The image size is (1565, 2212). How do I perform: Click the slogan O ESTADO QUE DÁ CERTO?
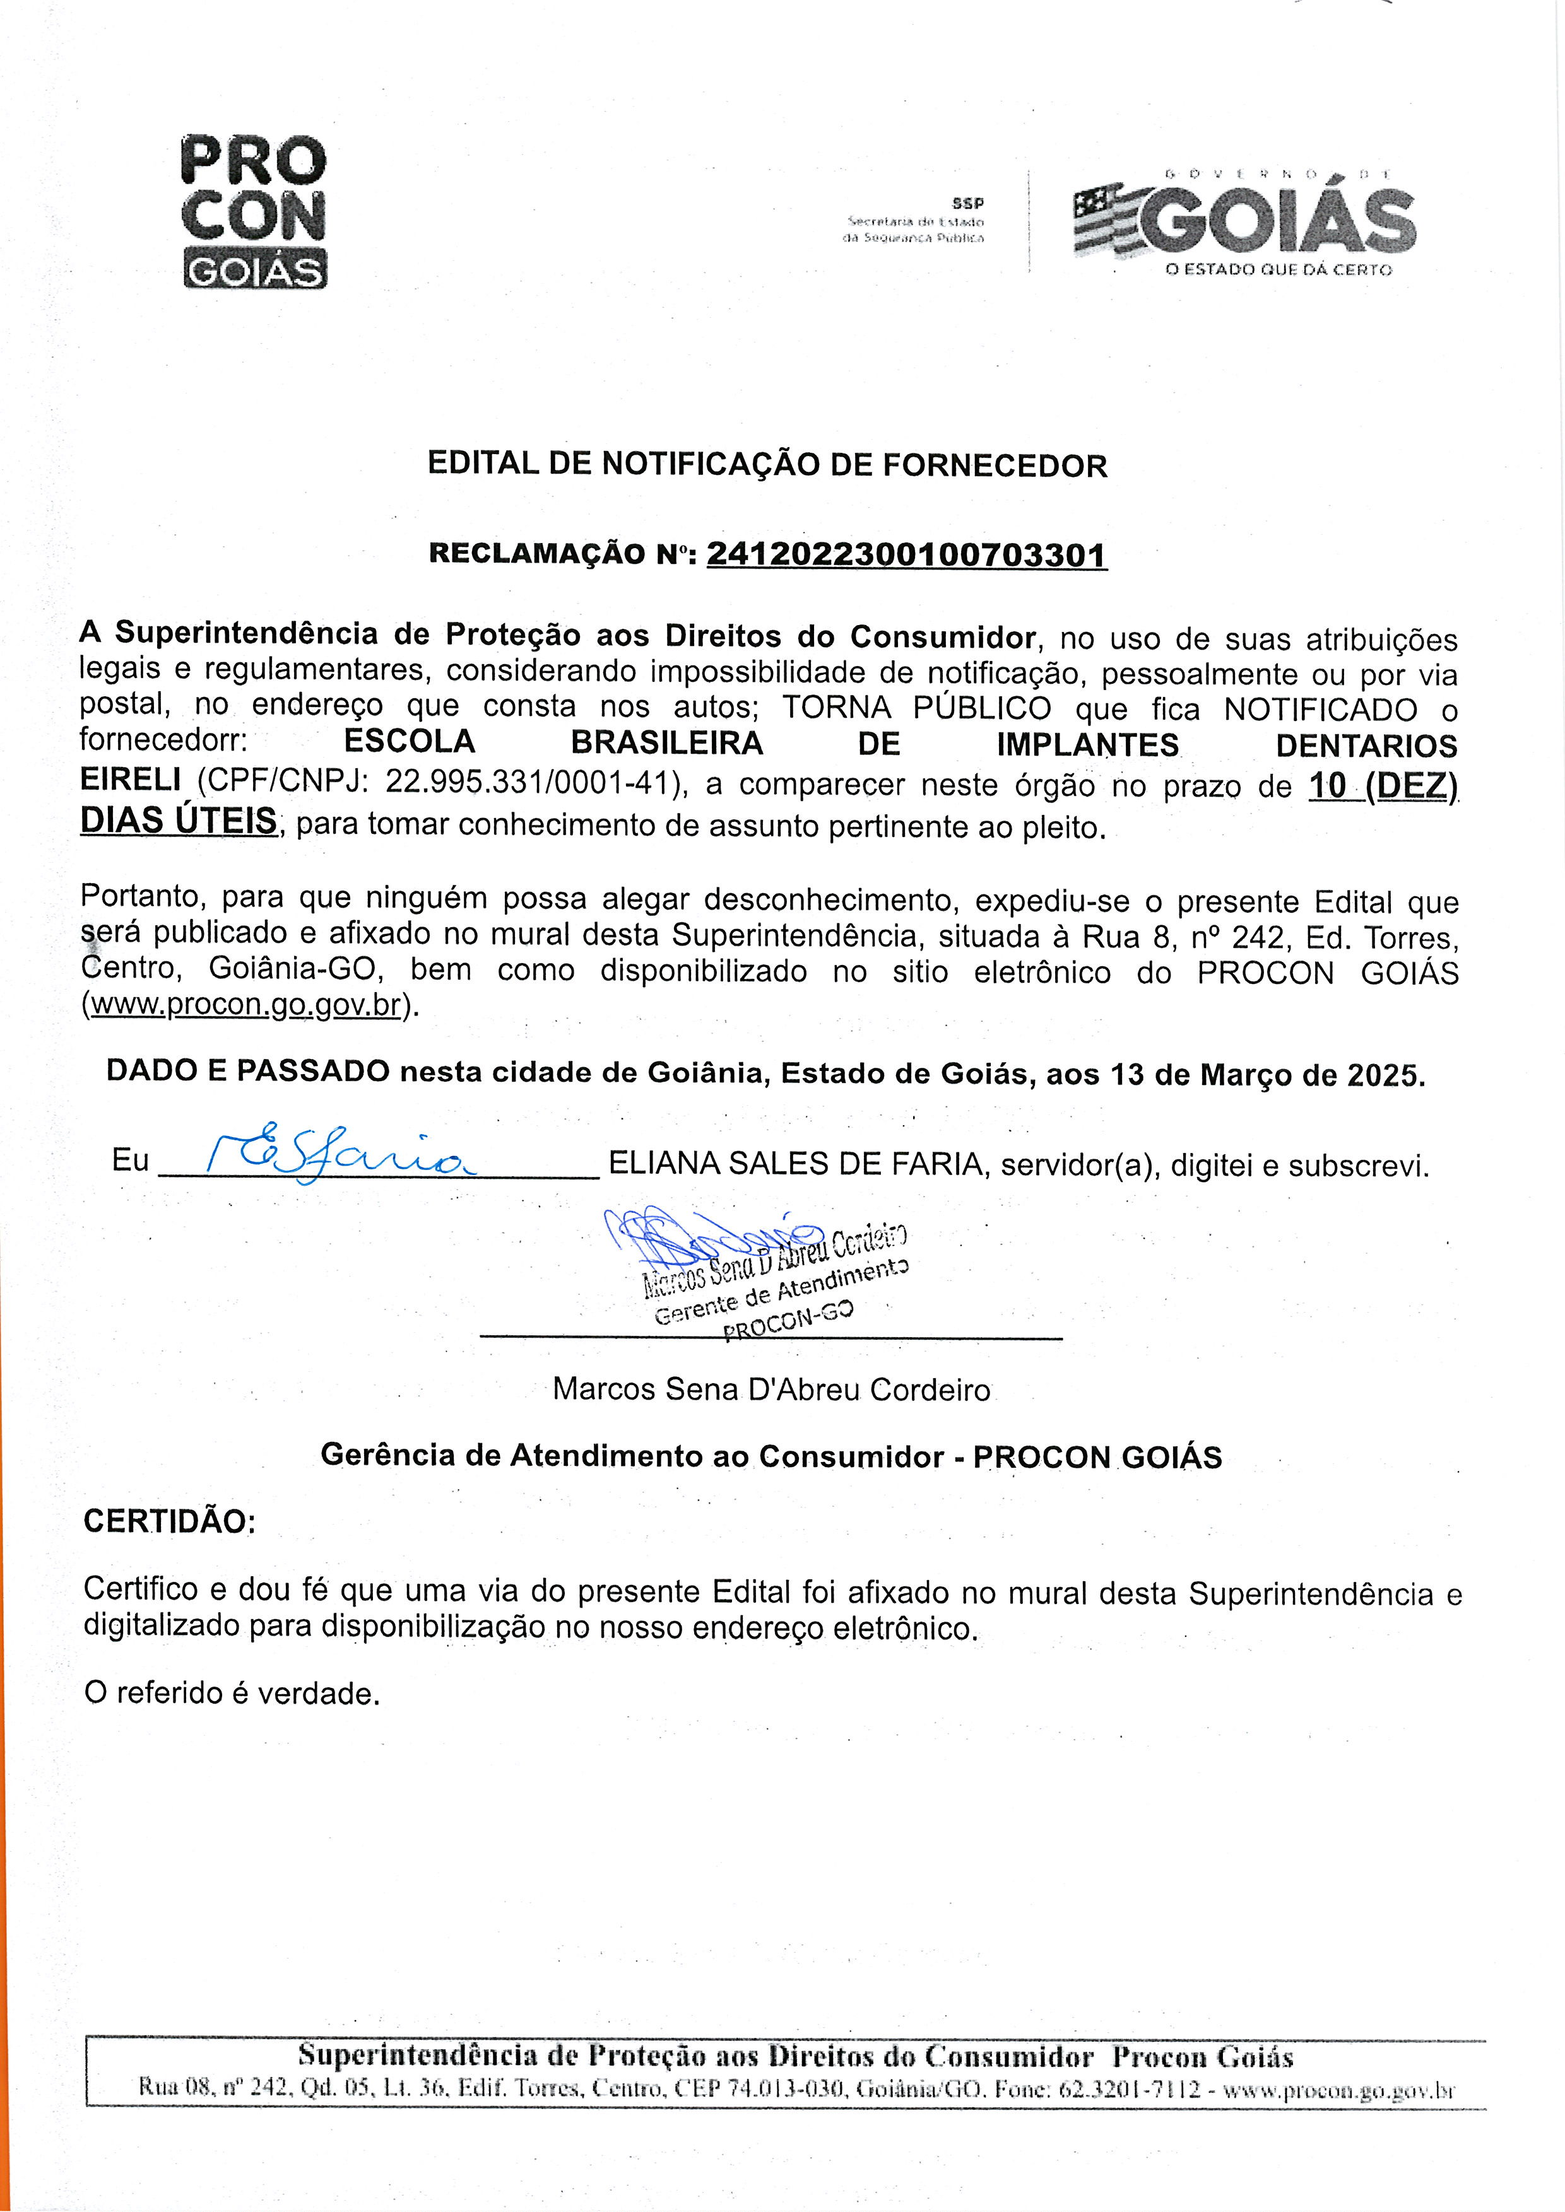pos(1278,270)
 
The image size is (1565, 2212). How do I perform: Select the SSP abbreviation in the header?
pos(967,203)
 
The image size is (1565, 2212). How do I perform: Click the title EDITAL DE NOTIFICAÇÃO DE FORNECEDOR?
pos(767,465)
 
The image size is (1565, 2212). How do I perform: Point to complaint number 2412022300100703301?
pos(907,555)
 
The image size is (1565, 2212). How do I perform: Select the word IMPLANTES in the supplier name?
pos(1087,745)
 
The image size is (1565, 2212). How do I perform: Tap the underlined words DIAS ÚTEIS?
pos(179,820)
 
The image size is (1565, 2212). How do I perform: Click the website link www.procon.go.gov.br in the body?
pos(245,1004)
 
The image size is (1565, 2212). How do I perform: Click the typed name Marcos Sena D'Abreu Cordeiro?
pos(771,1390)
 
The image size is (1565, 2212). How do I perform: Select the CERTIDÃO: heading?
pos(170,1521)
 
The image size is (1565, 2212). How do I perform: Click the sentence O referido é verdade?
pos(232,1693)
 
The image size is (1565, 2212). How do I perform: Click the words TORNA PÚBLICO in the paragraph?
pos(916,708)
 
